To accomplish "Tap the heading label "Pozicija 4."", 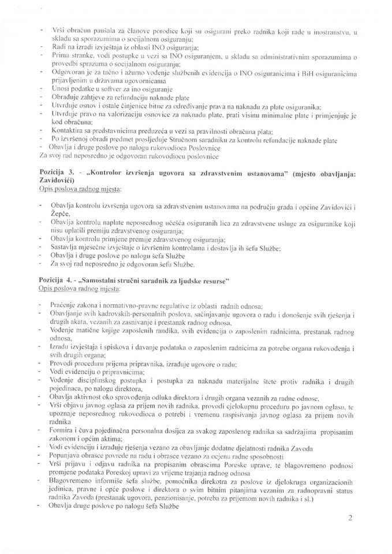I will pos(55,281).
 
